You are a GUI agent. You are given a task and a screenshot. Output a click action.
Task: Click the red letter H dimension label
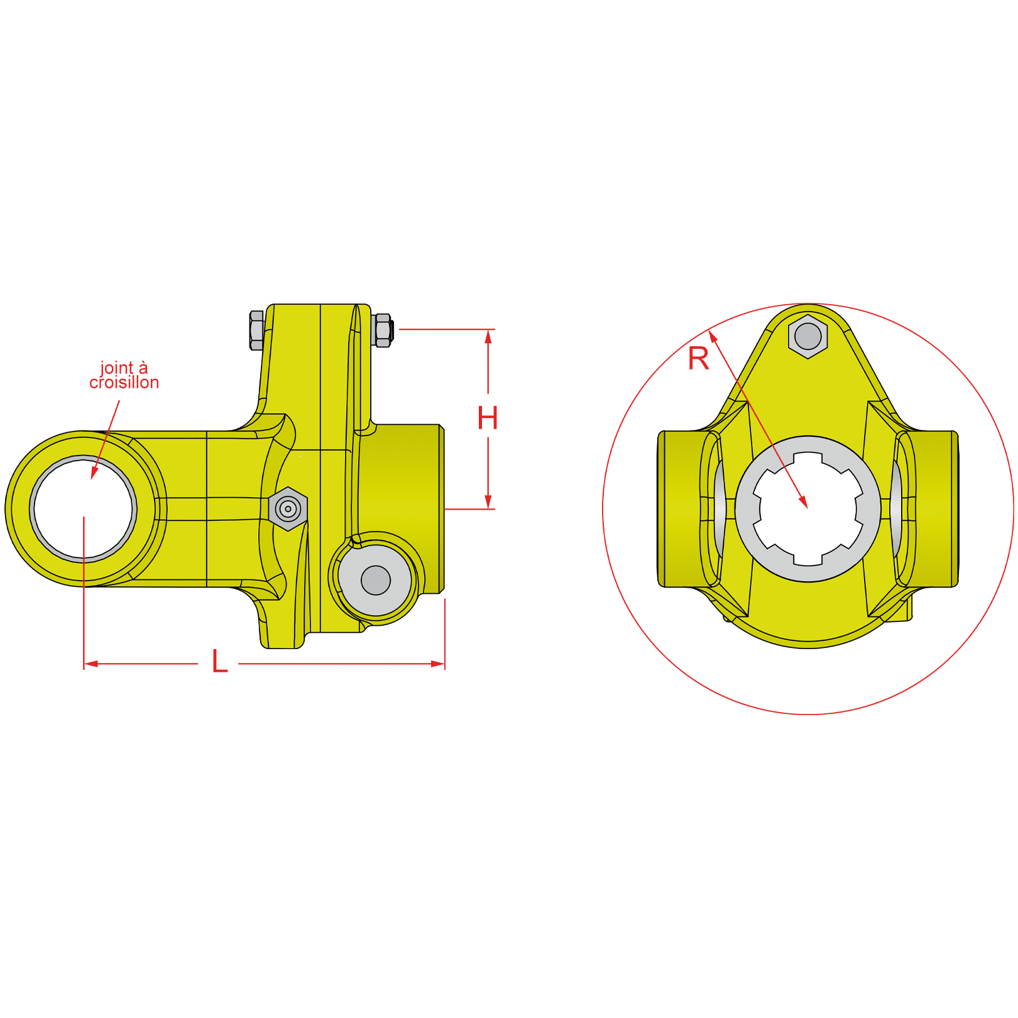[x=487, y=419]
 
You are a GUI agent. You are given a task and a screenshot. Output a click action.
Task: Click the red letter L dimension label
[x=219, y=662]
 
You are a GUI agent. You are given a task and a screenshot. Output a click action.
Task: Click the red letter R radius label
[x=698, y=359]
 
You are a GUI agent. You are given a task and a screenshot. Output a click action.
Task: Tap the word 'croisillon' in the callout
[x=124, y=383]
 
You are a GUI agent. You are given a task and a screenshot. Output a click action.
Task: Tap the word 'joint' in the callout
[x=117, y=368]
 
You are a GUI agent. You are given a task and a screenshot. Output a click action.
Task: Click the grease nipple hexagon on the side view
[x=288, y=508]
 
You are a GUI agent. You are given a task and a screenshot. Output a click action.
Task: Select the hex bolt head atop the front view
[x=807, y=337]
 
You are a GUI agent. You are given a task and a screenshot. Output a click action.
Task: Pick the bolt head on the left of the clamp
[x=256, y=330]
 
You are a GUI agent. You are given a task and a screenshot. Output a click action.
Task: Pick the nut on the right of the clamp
[x=382, y=330]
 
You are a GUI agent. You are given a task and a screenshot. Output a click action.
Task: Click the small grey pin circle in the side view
[x=376, y=580]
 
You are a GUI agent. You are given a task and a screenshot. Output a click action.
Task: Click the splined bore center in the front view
[x=807, y=508]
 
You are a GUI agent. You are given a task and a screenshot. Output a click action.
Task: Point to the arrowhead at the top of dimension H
[x=488, y=336]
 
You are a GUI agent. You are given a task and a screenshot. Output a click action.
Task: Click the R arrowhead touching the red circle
[x=713, y=336]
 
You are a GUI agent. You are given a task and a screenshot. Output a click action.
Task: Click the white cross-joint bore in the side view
[x=83, y=508]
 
